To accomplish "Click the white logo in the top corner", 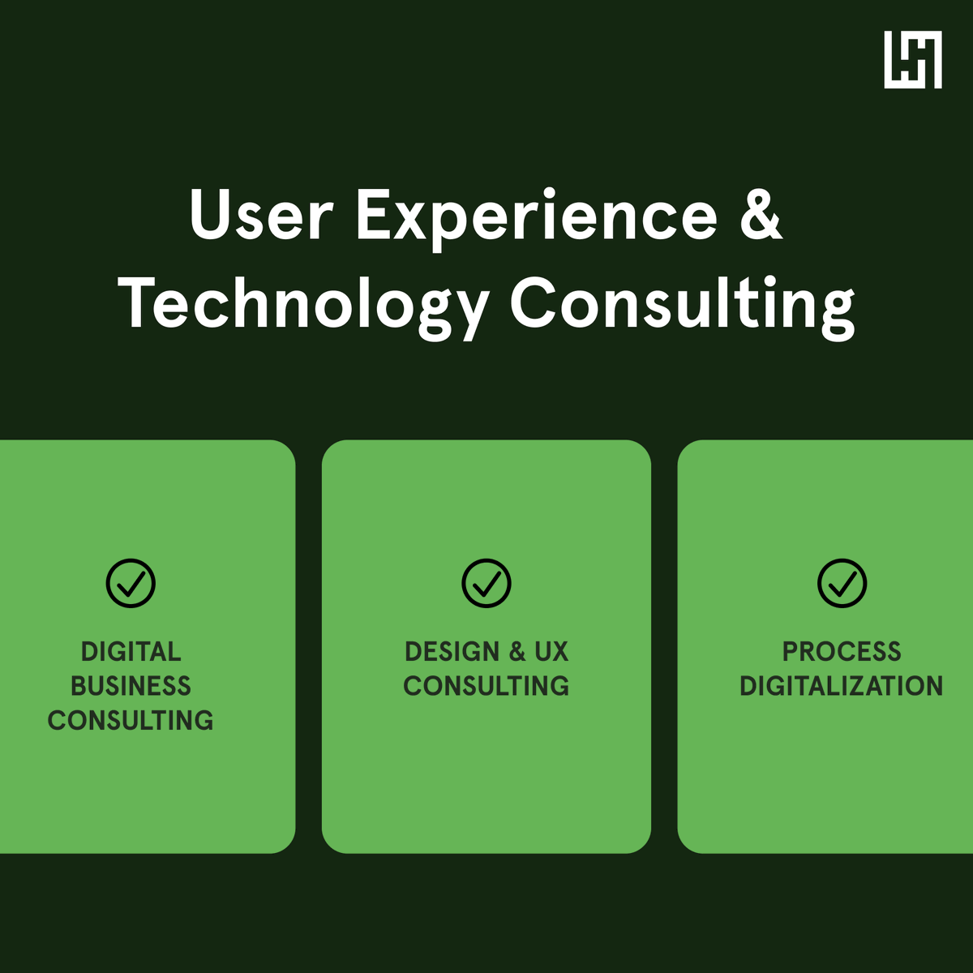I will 913,60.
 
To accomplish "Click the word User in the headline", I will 261,216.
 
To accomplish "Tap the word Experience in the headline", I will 537,217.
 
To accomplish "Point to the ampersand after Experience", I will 761,215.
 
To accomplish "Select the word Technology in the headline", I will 303,306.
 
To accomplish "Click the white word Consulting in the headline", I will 682,306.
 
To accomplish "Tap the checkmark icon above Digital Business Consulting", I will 131,583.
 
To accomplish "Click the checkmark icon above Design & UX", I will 486,583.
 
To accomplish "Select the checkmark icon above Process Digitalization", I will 842,583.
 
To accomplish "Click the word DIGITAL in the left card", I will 131,652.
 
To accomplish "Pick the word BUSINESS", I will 131,686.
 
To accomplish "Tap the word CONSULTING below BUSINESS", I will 131,720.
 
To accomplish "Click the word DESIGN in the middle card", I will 452,652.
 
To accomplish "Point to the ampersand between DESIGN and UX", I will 517,652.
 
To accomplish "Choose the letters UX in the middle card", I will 551,652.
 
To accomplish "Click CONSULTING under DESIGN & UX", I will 486,686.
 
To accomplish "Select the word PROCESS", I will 842,652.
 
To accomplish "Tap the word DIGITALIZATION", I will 842,686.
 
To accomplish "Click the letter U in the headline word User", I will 210,216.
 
